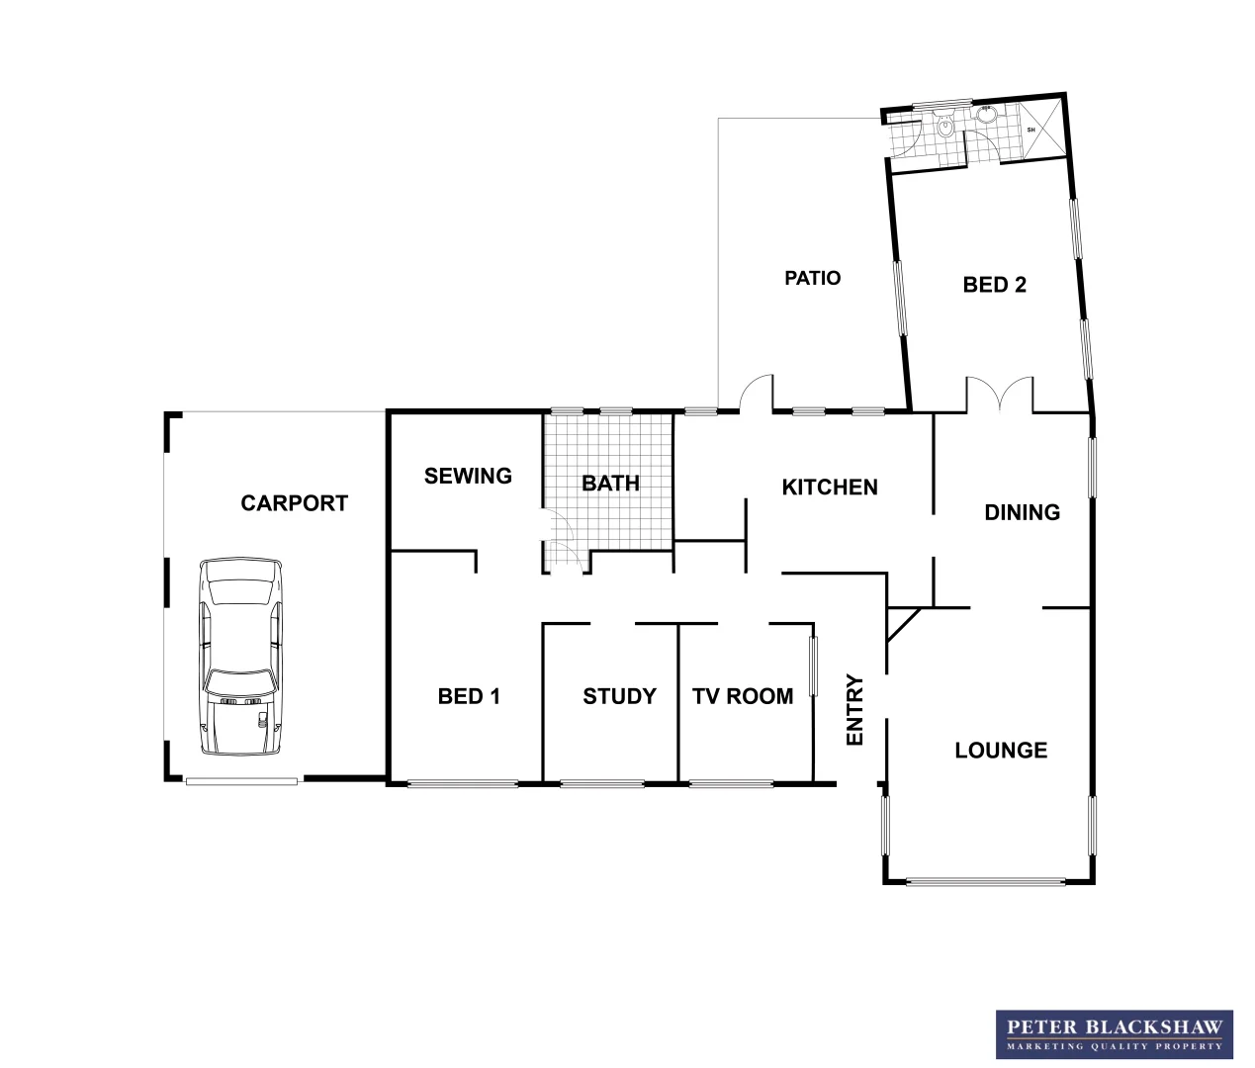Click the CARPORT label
pos(294,503)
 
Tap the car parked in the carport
pos(240,657)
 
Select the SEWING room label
pos(468,476)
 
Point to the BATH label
pos(610,484)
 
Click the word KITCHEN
pos(830,488)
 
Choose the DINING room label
pos(1022,512)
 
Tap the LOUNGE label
pos(1001,751)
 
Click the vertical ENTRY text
pos(855,710)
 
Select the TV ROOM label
pos(743,696)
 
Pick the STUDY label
pos(619,696)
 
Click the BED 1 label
pos(469,696)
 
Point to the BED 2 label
pos(994,285)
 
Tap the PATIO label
pos(812,278)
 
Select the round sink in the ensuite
pos(986,116)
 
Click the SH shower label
pos(1031,130)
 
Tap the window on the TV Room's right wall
pos(814,666)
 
